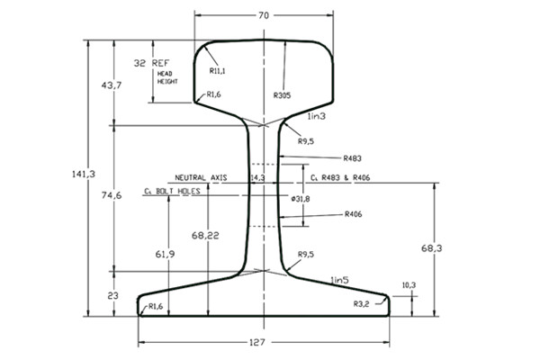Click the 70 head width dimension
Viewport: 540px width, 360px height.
(x=263, y=15)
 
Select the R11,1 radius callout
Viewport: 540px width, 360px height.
(x=216, y=70)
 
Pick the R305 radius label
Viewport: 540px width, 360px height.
(x=282, y=94)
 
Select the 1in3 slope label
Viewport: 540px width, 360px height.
(x=315, y=118)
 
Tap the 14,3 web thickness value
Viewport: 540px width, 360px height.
(x=256, y=178)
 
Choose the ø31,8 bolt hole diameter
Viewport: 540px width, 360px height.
(x=301, y=198)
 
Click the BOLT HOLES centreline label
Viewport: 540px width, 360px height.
(x=171, y=192)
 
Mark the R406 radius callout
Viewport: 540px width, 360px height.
(x=354, y=214)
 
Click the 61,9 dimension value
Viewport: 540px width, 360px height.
(x=164, y=255)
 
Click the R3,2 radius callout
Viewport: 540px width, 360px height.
(x=363, y=303)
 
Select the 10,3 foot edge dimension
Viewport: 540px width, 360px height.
(x=408, y=284)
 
